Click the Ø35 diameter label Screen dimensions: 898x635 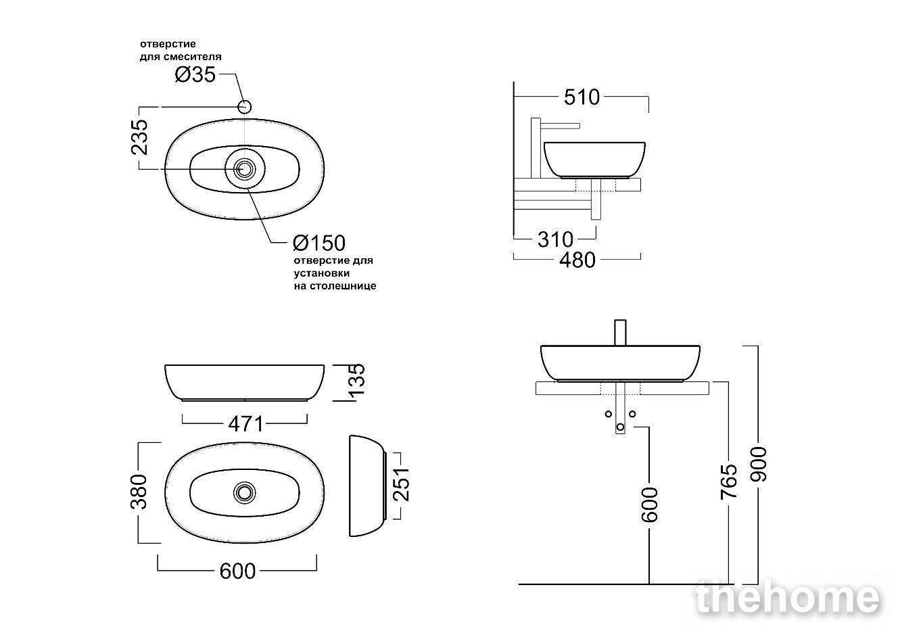[x=195, y=74]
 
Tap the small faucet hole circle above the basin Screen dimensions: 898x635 [x=245, y=107]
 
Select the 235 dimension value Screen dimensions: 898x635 [x=139, y=137]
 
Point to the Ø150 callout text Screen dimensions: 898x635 [x=319, y=243]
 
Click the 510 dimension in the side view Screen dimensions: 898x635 [x=582, y=97]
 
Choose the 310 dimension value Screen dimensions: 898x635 [x=555, y=239]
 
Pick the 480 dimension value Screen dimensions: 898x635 [x=577, y=260]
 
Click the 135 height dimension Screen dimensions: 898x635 [x=356, y=381]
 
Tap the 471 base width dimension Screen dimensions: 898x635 [x=246, y=424]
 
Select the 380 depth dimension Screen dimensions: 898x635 [x=139, y=492]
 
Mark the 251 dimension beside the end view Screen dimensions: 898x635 [x=401, y=484]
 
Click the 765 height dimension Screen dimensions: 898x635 [x=729, y=481]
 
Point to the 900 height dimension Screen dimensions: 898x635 [x=759, y=464]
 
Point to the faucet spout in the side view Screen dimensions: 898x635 [x=560, y=126]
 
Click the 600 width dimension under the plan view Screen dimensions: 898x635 [x=237, y=571]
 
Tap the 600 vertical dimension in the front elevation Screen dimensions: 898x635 [x=650, y=504]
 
